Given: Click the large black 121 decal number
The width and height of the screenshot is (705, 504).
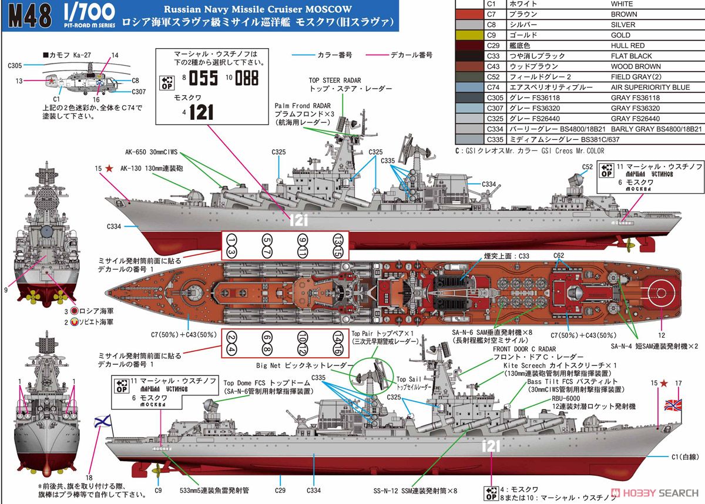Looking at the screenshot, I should point(201,112).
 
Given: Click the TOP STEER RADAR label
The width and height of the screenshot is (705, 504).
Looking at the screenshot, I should point(335,80).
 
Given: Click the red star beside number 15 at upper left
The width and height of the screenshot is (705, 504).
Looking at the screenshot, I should point(110,169).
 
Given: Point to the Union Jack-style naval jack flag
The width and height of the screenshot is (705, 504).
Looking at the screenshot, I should point(673,405).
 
